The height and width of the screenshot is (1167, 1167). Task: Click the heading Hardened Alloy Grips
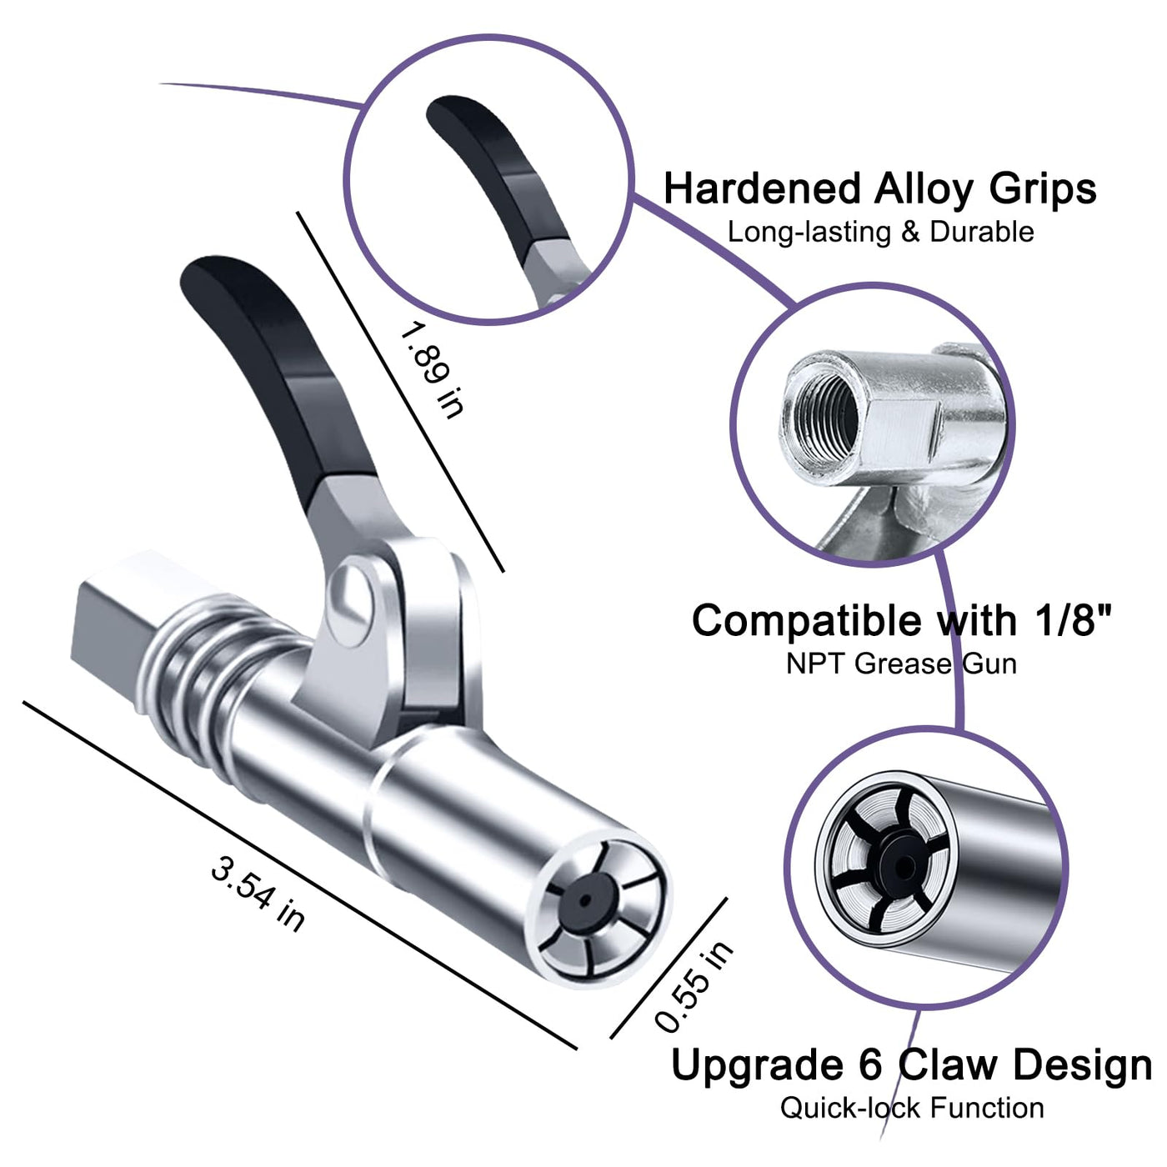879,188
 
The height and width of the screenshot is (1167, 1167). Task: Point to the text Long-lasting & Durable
880,232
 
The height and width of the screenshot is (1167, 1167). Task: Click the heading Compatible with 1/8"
903,620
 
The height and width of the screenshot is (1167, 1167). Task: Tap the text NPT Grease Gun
901,664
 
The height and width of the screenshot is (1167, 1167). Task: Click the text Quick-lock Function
912,1108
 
